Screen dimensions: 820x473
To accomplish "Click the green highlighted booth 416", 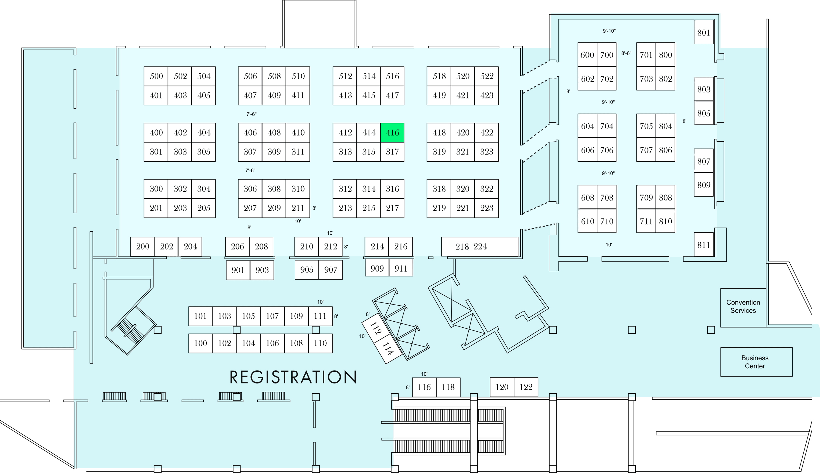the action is tap(392, 132).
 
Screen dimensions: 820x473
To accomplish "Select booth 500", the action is tap(156, 76).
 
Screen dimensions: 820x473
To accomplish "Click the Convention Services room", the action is tap(743, 308).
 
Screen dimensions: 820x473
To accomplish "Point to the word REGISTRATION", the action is tap(293, 377).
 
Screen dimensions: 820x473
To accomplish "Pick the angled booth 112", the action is tap(376, 328).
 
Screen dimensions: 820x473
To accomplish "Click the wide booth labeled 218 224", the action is tap(479, 247).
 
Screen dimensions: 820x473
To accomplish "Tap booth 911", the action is tap(401, 268).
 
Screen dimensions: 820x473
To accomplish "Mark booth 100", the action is tap(200, 343).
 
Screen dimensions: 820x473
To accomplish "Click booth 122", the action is tap(526, 387).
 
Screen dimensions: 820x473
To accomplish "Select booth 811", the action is tap(704, 245).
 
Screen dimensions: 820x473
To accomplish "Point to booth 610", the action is tap(587, 221).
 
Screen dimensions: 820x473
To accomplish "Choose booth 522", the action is tap(486, 76).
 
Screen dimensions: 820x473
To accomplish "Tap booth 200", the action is tap(142, 247).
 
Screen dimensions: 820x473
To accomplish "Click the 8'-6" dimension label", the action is tap(626, 53).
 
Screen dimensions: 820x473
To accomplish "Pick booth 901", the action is tap(238, 270).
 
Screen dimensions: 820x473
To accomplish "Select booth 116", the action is tap(424, 387).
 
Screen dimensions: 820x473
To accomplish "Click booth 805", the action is tap(704, 113).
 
